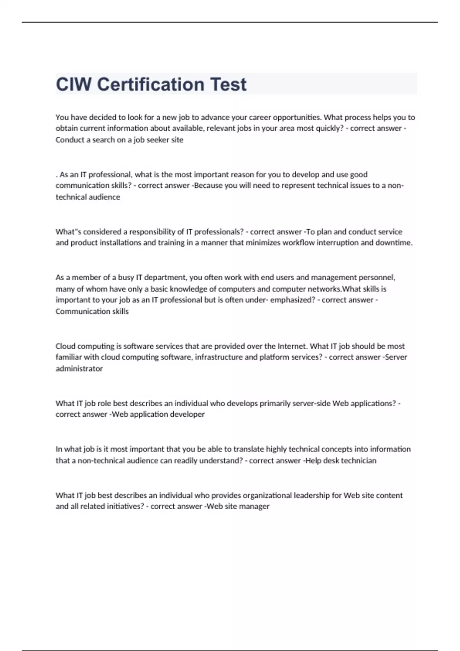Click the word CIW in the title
(73, 84)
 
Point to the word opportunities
(297, 117)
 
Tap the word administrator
(79, 369)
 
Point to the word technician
(358, 461)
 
